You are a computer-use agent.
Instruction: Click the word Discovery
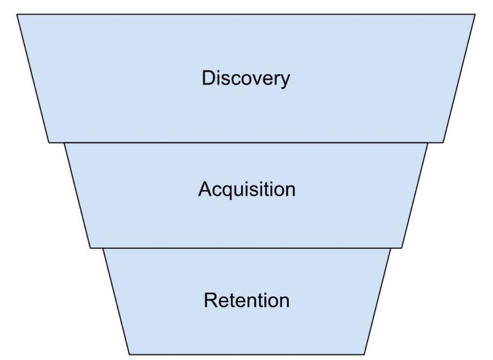coord(246,78)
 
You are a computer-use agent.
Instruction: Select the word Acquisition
coord(246,190)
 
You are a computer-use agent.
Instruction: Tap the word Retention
coord(246,301)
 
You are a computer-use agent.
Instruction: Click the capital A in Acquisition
coord(205,189)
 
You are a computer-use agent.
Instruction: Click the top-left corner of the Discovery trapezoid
coord(17,14)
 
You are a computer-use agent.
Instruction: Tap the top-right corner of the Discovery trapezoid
coord(475,14)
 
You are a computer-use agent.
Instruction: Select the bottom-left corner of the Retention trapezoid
coord(129,354)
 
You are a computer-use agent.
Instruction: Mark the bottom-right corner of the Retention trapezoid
coord(365,354)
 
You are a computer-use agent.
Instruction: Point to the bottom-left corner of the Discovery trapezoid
coord(49,142)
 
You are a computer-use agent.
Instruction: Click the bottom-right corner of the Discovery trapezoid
coord(443,142)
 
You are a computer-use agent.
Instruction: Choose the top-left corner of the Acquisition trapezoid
coord(64,143)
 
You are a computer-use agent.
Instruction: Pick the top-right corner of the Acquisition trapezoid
coord(428,143)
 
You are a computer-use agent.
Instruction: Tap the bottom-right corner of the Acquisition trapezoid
coord(402,248)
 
